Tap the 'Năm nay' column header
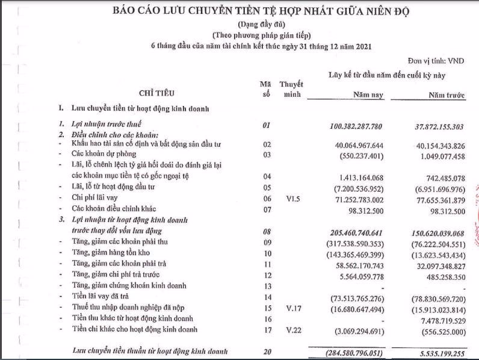click(x=368, y=95)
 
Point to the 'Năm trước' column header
click(x=447, y=95)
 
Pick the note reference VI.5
click(x=291, y=198)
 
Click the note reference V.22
click(x=291, y=329)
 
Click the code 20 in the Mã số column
click(x=267, y=350)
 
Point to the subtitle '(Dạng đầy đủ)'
click(x=239, y=25)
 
